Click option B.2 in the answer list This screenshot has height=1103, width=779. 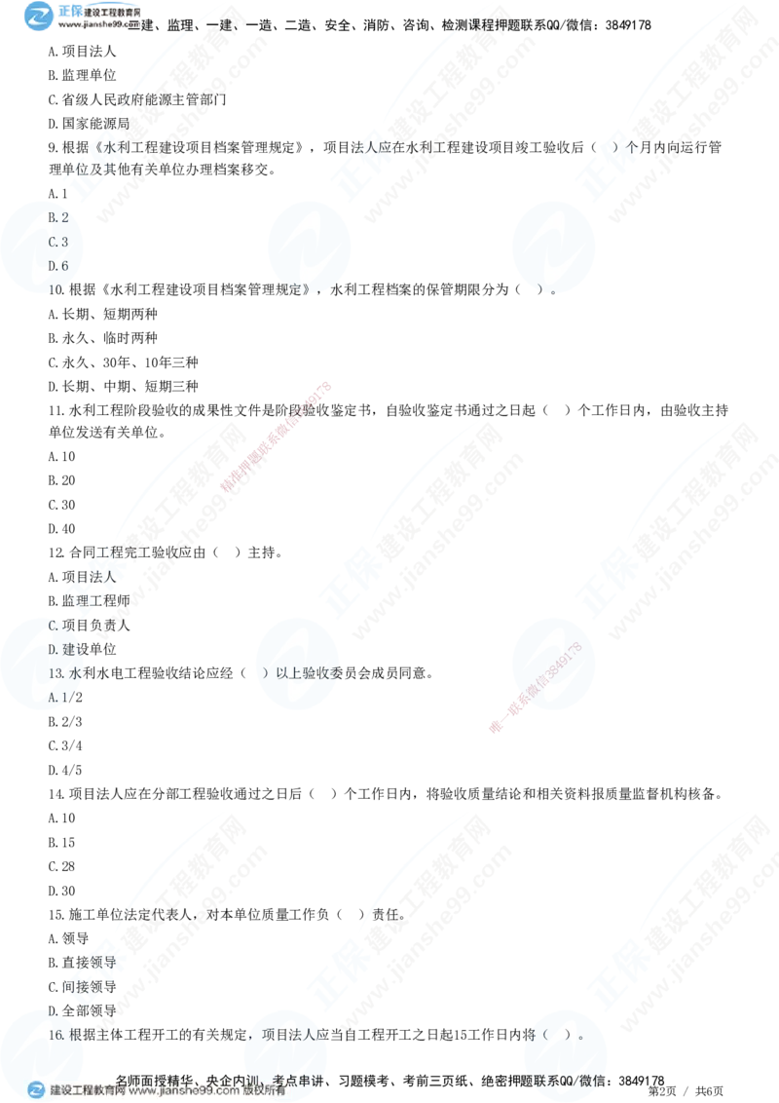(x=57, y=216)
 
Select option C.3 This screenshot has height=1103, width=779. (x=57, y=241)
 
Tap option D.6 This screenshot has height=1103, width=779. (x=57, y=265)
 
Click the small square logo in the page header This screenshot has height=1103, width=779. (x=39, y=17)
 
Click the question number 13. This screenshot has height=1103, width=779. (x=56, y=673)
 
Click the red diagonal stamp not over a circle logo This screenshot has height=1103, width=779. (x=277, y=437)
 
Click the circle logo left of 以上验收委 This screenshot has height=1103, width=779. (x=297, y=660)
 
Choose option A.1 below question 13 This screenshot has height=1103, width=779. (x=57, y=698)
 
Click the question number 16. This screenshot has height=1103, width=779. (x=56, y=1036)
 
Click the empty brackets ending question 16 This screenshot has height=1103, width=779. (x=565, y=1036)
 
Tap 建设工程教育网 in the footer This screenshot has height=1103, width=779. (x=88, y=1090)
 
